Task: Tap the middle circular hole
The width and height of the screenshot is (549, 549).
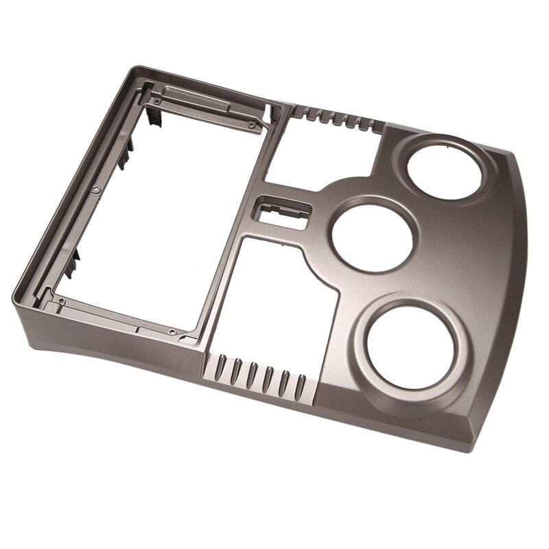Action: point(373,234)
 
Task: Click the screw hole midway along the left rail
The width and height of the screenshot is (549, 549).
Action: point(93,187)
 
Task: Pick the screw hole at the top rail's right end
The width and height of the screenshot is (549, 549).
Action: point(252,125)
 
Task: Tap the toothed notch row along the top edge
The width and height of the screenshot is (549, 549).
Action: point(336,119)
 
